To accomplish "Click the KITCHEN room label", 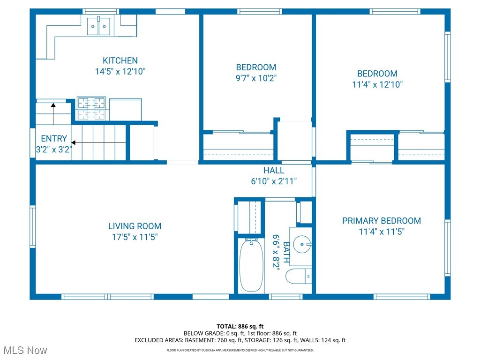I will (x=120, y=60).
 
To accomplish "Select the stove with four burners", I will (x=92, y=108).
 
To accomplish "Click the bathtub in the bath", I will (x=252, y=265).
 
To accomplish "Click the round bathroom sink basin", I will (x=302, y=244).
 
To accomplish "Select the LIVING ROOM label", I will (x=135, y=226).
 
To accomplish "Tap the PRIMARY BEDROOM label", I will (x=381, y=221).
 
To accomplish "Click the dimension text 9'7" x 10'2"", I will (x=256, y=78).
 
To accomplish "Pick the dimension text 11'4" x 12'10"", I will (x=377, y=85).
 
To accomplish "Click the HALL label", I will (x=274, y=171).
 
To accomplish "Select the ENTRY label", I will (x=53, y=139).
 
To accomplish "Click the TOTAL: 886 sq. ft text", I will (x=240, y=326).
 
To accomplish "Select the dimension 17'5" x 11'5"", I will (x=135, y=237).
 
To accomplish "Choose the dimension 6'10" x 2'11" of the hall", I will (x=274, y=181).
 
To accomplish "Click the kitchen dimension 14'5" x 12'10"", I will (x=120, y=72).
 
